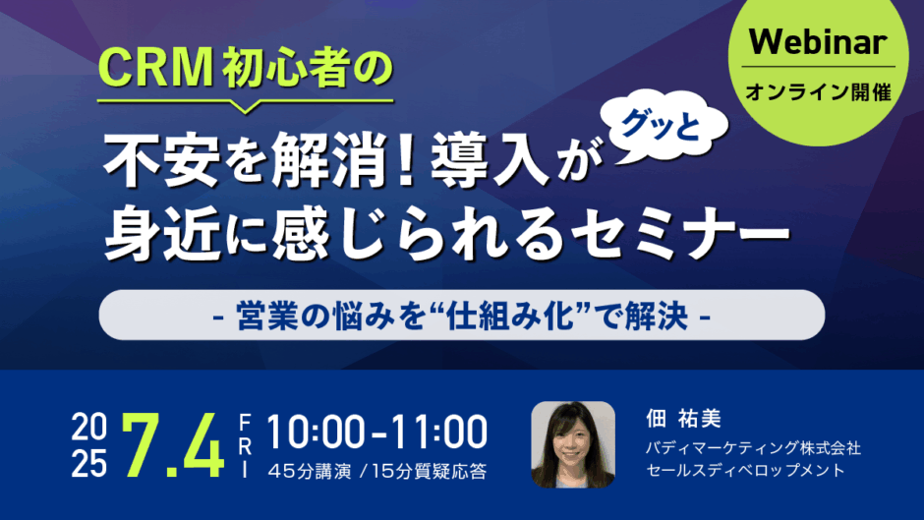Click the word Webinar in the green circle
click(x=818, y=41)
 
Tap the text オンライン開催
click(x=818, y=92)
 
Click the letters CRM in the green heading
click(x=155, y=68)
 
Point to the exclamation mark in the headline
click(x=405, y=159)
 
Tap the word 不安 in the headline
click(x=158, y=159)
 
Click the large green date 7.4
click(x=173, y=445)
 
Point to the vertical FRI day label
click(x=245, y=445)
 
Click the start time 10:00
click(x=316, y=433)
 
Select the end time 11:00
click(x=438, y=433)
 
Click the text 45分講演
click(x=310, y=471)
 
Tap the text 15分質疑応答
click(x=430, y=471)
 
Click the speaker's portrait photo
click(x=573, y=444)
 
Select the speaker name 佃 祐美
click(x=683, y=419)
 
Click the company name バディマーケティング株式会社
click(x=753, y=448)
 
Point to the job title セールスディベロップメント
click(x=745, y=471)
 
